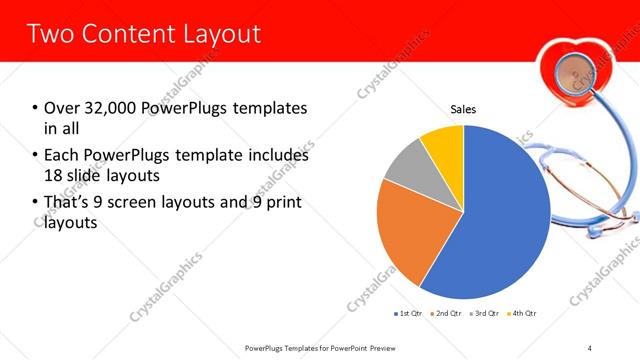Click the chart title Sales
[x=463, y=109]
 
